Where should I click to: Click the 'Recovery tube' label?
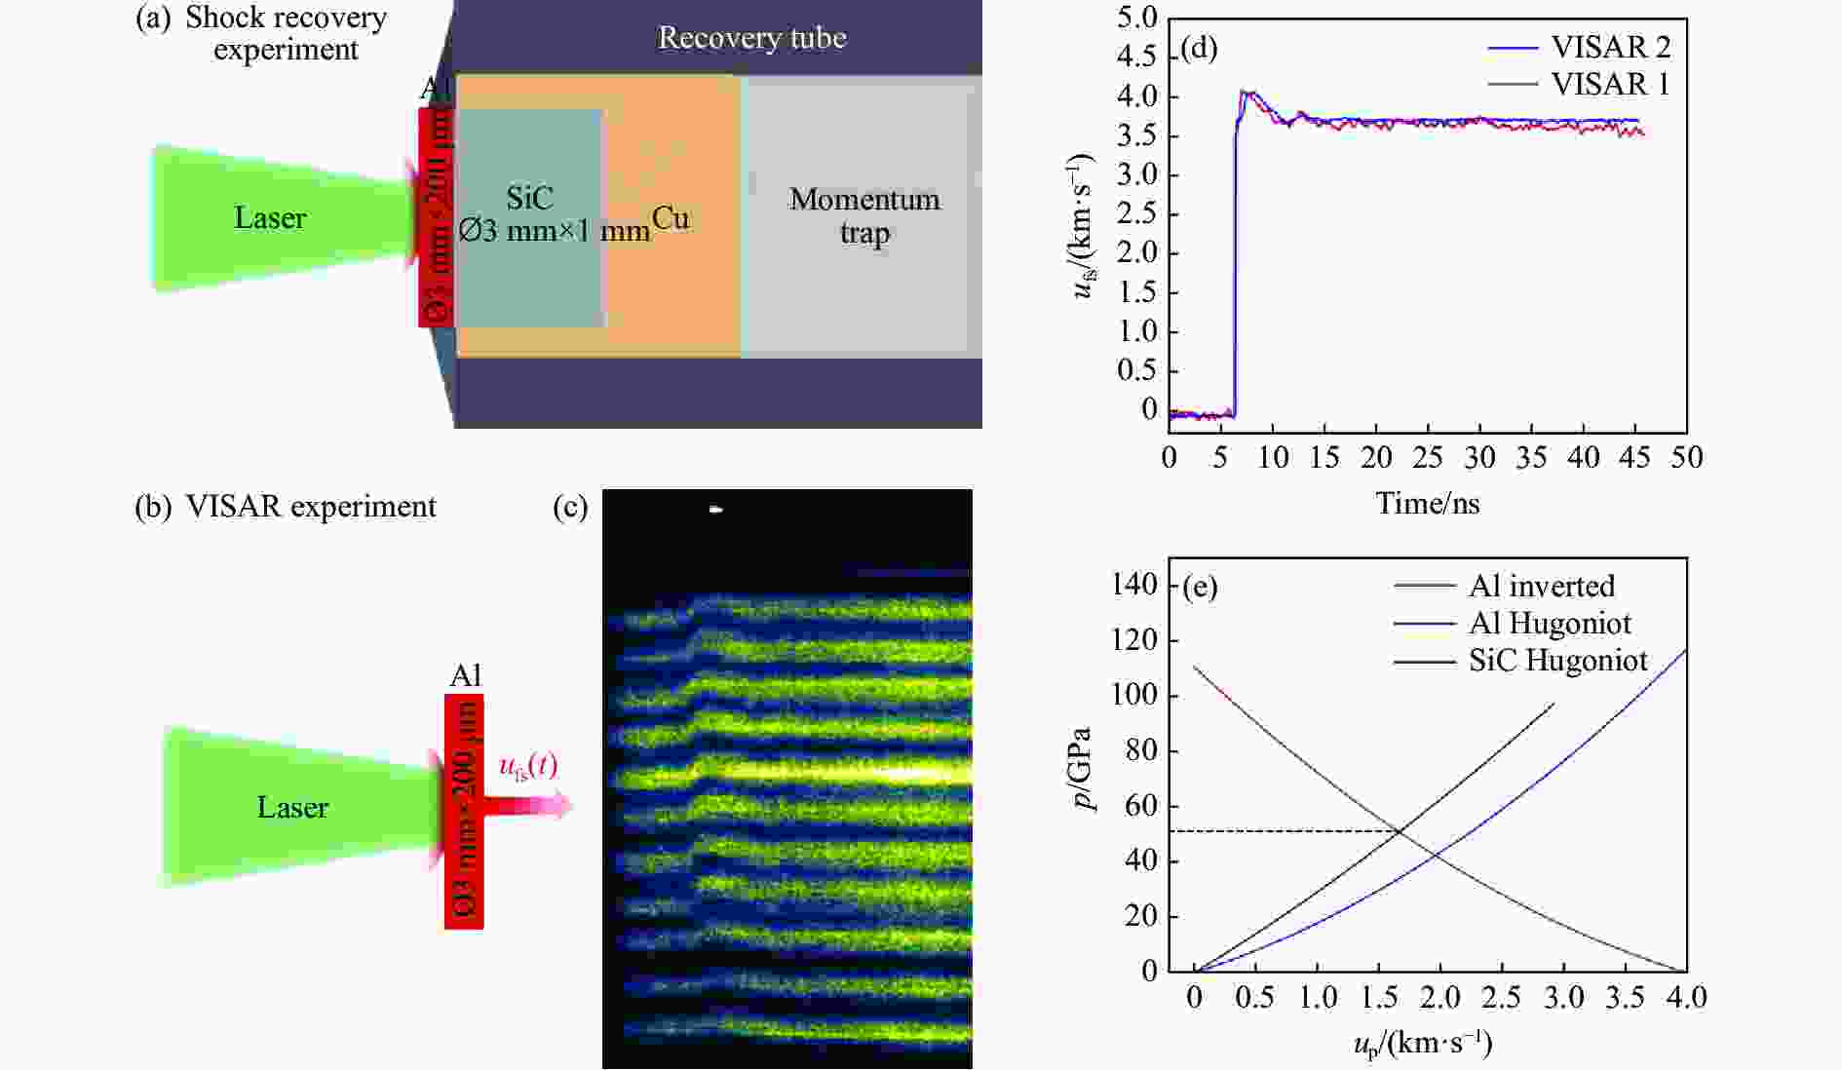pyautogui.click(x=751, y=38)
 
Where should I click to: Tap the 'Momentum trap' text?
pyautogui.click(x=864, y=215)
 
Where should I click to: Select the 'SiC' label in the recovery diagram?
pyautogui.click(x=529, y=198)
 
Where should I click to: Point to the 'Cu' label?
pyautogui.click(x=671, y=217)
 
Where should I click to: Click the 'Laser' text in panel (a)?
pyautogui.click(x=270, y=217)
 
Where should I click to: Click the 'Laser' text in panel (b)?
pyautogui.click(x=292, y=807)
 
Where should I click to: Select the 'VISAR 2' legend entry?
pyautogui.click(x=1610, y=47)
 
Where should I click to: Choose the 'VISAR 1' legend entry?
pyautogui.click(x=1610, y=85)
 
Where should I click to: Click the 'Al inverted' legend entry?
pyautogui.click(x=1541, y=586)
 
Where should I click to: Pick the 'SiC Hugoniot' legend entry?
pyautogui.click(x=1557, y=661)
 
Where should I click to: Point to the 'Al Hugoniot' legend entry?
pyautogui.click(x=1550, y=623)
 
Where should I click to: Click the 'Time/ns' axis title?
pyautogui.click(x=1427, y=503)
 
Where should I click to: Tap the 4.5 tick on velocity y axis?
pyautogui.click(x=1136, y=57)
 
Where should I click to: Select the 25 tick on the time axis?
pyautogui.click(x=1428, y=457)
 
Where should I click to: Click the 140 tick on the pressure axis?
pyautogui.click(x=1134, y=585)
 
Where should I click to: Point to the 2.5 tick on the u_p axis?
pyautogui.click(x=1501, y=997)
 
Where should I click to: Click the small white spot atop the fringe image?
pyautogui.click(x=716, y=509)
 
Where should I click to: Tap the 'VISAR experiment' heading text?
pyautogui.click(x=310, y=507)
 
